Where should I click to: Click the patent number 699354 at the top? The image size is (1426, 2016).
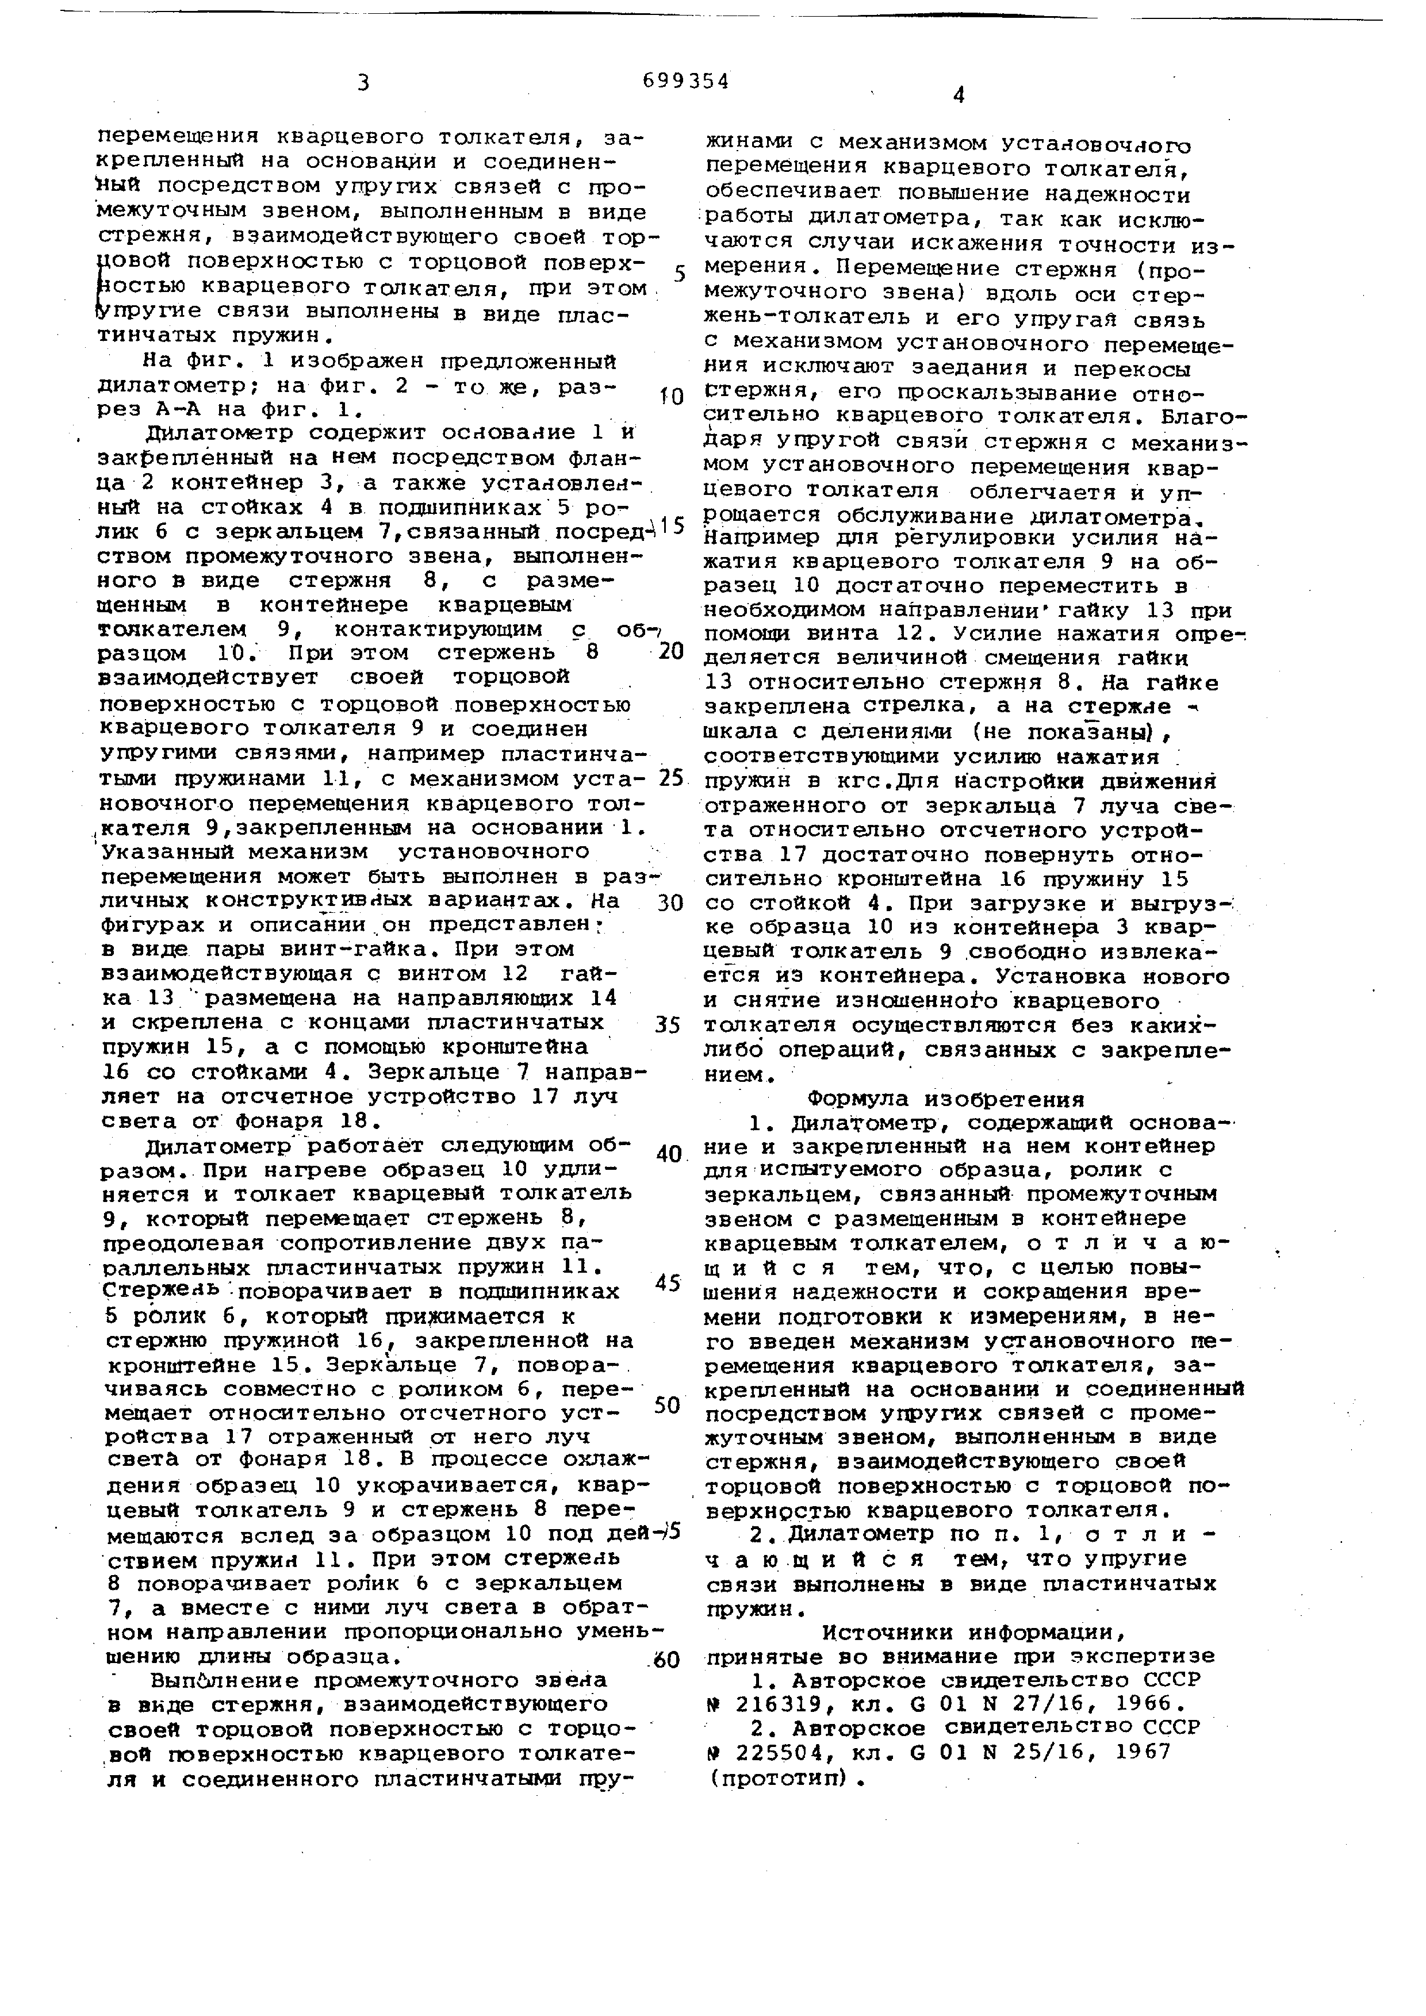coord(686,82)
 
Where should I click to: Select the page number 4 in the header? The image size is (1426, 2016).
coord(958,97)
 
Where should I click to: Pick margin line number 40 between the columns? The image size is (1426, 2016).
coord(669,1154)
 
